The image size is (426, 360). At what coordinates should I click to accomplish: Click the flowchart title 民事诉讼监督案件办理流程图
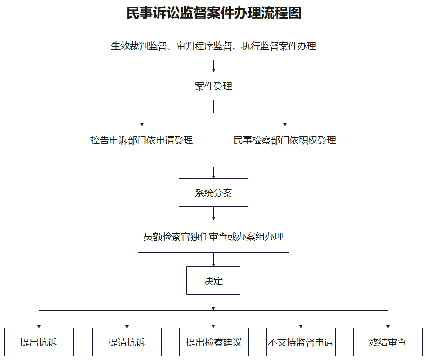(x=214, y=13)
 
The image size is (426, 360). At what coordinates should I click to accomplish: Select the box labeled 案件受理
(x=213, y=86)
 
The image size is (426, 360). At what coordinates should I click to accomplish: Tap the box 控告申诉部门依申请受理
(x=142, y=140)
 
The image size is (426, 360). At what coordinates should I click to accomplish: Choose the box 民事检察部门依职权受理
(x=285, y=140)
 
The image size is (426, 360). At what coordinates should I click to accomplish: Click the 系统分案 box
(x=213, y=192)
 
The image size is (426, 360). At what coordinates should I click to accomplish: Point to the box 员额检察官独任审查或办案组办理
(x=213, y=237)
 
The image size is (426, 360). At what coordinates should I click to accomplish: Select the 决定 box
(x=213, y=280)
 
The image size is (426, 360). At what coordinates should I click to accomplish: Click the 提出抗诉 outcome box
(x=39, y=342)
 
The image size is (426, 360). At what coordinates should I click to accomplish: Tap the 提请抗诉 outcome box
(x=127, y=342)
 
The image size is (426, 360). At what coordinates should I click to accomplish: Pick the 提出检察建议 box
(x=214, y=342)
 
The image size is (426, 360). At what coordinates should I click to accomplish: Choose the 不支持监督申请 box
(x=301, y=342)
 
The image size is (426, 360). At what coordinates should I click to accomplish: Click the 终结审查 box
(x=388, y=342)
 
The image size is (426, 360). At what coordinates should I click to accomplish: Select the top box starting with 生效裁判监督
(x=213, y=46)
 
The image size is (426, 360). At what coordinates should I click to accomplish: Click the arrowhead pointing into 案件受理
(x=213, y=70)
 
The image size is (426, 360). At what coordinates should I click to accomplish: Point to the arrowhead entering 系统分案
(x=213, y=177)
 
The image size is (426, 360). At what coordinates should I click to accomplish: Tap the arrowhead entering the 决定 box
(x=213, y=265)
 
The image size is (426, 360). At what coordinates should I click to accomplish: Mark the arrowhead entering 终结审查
(x=388, y=326)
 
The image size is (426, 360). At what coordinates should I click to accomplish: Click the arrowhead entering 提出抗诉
(x=39, y=326)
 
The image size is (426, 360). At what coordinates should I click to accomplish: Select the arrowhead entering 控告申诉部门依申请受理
(x=142, y=124)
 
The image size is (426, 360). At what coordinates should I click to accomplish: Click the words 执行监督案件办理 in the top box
(x=279, y=46)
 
